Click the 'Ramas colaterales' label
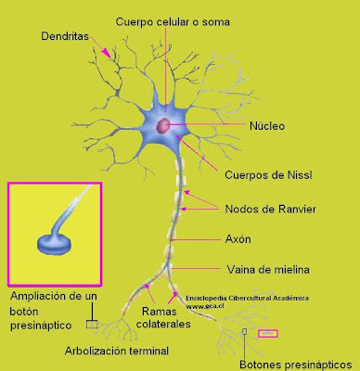[165, 318]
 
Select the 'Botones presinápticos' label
[300, 364]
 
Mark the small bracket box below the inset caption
[91, 325]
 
